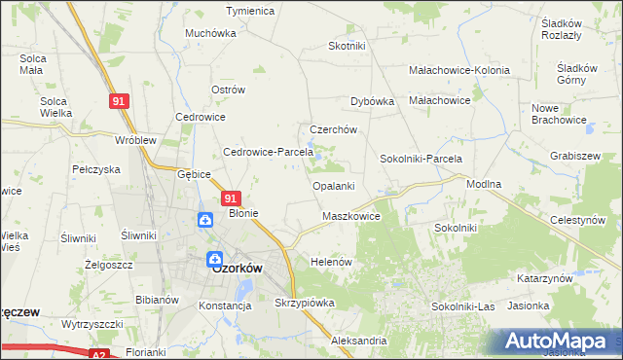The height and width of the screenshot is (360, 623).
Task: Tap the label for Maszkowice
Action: point(350,216)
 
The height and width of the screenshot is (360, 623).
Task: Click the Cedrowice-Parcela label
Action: point(268,152)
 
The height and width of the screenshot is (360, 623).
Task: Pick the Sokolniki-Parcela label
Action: point(421,158)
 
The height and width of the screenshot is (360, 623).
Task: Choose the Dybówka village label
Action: point(371,100)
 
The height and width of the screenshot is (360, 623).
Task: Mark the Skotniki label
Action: point(347,46)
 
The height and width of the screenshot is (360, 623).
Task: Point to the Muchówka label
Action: point(211,32)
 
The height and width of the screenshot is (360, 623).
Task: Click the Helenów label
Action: point(330,262)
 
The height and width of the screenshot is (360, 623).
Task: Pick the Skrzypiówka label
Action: point(305,303)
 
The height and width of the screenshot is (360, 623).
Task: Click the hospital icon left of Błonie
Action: point(206,220)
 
